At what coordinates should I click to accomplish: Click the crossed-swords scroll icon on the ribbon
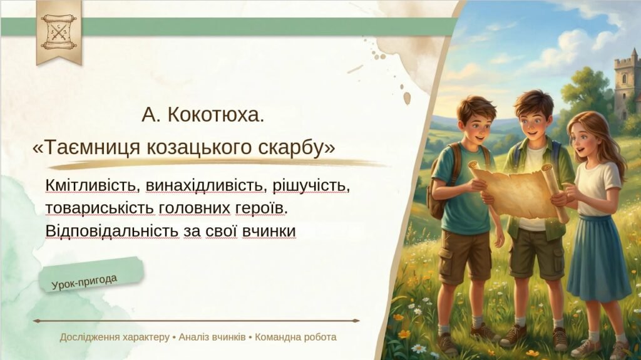pyautogui.click(x=58, y=29)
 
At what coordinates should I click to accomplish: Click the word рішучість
pyautogui.click(x=303, y=186)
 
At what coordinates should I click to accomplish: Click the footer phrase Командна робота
pyautogui.click(x=295, y=337)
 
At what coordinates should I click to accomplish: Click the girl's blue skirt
pyautogui.click(x=597, y=257)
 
